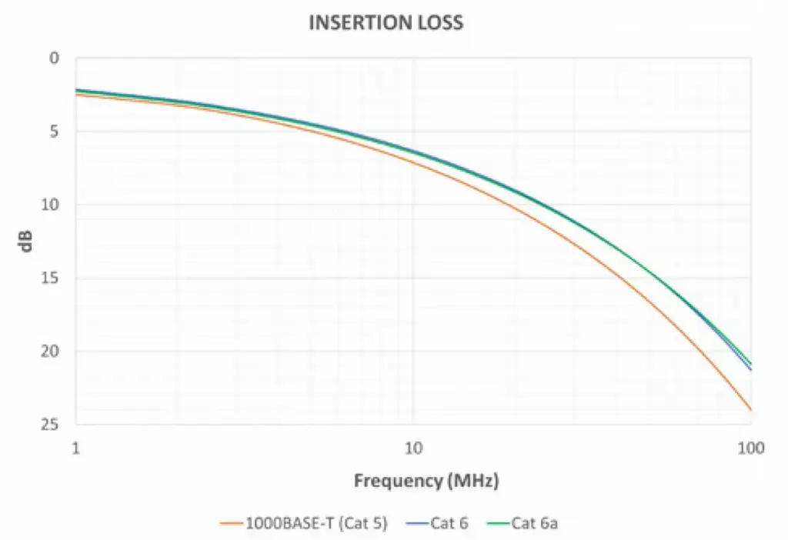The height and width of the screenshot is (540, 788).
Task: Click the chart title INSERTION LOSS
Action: click(386, 23)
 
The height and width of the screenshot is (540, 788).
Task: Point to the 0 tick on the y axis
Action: click(54, 58)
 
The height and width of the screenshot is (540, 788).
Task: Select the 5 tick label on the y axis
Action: click(54, 132)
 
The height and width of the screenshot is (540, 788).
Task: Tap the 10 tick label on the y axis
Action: click(50, 205)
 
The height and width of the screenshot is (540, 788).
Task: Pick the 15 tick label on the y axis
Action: click(50, 278)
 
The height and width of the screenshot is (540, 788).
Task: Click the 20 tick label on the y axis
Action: click(50, 352)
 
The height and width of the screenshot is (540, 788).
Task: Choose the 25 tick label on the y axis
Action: click(50, 425)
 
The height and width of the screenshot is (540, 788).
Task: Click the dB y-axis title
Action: click(25, 241)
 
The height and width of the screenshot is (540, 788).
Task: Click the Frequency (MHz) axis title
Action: click(426, 482)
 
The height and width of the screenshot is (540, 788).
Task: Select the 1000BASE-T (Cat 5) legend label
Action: click(316, 523)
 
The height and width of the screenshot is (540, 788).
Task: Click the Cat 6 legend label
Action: click(449, 523)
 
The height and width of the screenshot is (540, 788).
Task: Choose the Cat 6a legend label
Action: click(535, 523)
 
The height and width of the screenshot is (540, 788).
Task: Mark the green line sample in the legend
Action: click(499, 524)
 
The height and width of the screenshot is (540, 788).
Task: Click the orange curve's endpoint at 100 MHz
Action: click(751, 410)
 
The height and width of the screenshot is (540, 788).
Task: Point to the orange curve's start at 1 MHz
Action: click(75, 95)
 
